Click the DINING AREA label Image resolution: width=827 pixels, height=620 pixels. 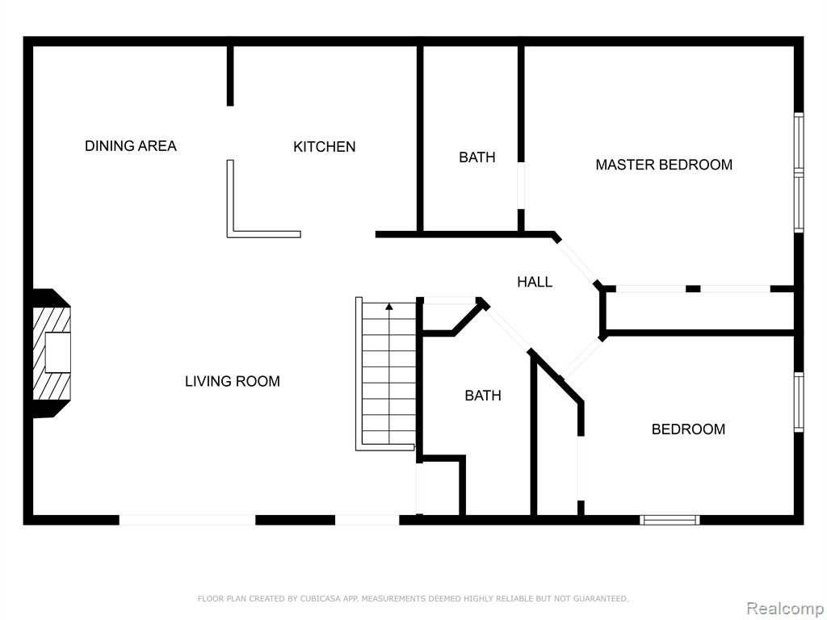131,146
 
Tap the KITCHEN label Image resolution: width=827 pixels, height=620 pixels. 325,147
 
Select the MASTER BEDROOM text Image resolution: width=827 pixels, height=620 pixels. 664,165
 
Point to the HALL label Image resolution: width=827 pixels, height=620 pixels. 535,282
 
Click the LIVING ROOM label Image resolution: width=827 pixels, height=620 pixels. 233,381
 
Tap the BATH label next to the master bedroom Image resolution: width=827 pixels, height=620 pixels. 477,157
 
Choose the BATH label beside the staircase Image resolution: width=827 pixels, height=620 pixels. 483,396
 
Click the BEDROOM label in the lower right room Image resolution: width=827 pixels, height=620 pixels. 688,429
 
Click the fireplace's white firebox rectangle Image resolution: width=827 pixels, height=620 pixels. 58,352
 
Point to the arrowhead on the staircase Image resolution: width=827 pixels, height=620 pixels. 389,306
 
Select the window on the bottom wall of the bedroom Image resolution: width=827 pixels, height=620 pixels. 670,520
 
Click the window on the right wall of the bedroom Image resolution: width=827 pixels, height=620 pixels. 799,402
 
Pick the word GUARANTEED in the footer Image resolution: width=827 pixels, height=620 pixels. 601,598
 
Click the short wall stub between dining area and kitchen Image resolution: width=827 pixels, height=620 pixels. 230,76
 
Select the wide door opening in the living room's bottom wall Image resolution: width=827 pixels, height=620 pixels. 187,520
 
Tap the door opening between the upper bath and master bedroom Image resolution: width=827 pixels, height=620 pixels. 521,185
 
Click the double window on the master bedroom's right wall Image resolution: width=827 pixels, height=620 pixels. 799,173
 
